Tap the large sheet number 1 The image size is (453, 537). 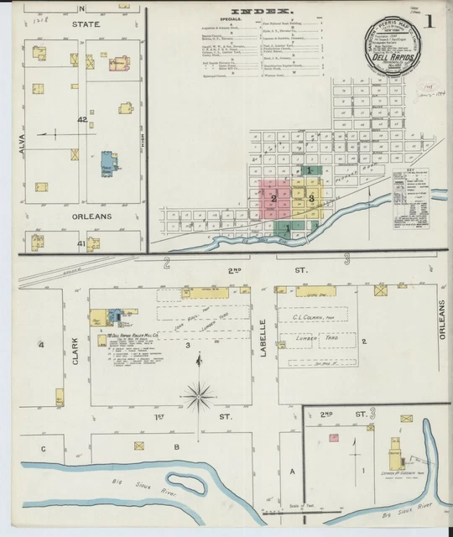coord(429,21)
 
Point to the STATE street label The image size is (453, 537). coord(86,25)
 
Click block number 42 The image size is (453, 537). coord(82,120)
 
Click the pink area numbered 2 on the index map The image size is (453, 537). coord(273,198)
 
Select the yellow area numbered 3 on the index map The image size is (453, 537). coord(311,198)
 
